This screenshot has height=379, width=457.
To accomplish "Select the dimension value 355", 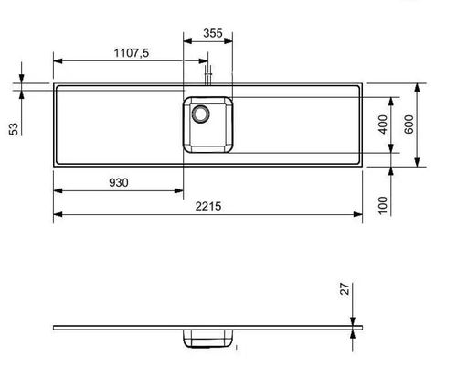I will pyautogui.click(x=212, y=34).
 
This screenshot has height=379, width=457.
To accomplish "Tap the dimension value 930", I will pyautogui.click(x=119, y=182).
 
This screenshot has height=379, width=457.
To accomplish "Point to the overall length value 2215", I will pyautogui.click(x=211, y=206).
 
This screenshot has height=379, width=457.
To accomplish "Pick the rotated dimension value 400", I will pyautogui.click(x=384, y=124).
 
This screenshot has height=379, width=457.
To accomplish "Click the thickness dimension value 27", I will pyautogui.click(x=345, y=290).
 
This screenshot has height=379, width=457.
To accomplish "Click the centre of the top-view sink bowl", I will pyautogui.click(x=209, y=124).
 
